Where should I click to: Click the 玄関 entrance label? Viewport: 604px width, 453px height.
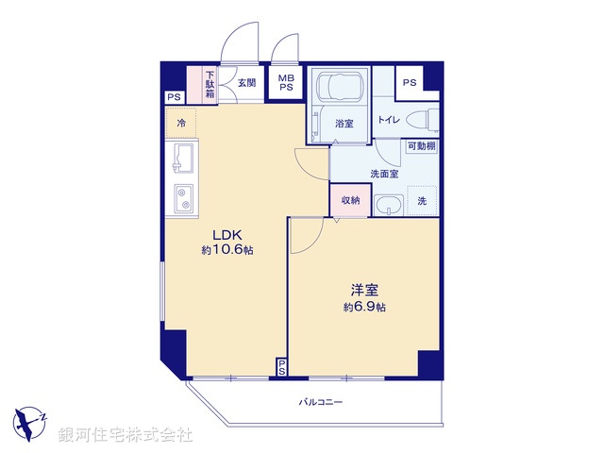246,83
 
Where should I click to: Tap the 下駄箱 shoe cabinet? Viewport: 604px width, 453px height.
210,83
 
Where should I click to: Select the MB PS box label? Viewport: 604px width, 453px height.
285,83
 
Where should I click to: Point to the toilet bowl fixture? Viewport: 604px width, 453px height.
428,120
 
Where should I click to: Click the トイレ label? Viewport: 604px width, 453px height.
389,120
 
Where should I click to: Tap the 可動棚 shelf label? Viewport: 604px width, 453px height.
422,146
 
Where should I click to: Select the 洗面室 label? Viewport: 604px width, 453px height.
384,174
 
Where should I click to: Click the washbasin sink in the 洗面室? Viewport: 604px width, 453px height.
387,206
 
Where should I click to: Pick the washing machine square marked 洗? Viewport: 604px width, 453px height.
422,200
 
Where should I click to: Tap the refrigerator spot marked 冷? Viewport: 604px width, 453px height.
181,123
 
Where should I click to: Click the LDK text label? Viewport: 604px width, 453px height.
226,235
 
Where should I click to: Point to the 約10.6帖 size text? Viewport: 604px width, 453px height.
226,251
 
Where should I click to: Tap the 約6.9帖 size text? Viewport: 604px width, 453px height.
364,308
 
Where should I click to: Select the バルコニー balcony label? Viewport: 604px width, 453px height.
321,402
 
